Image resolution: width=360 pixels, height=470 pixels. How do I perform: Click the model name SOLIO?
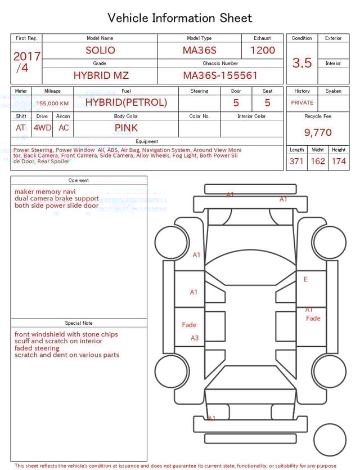[x=100, y=50]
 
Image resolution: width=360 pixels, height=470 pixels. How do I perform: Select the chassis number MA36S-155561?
[x=220, y=75]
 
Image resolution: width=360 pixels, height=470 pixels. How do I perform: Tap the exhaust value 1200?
[x=263, y=50]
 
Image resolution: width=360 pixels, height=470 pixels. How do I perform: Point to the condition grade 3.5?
[x=302, y=63]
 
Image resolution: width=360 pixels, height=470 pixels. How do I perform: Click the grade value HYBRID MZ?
[x=101, y=75]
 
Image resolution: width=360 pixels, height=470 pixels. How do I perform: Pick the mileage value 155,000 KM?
[x=52, y=103]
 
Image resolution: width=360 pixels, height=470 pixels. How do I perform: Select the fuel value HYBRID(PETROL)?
[x=126, y=102]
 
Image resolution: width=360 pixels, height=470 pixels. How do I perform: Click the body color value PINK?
[x=126, y=128]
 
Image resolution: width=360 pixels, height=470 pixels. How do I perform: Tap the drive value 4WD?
[x=42, y=128]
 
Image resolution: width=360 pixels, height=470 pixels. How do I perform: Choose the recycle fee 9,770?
[x=318, y=133]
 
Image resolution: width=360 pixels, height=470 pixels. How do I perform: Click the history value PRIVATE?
[x=302, y=103]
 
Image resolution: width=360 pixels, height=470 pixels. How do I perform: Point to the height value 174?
[x=339, y=162]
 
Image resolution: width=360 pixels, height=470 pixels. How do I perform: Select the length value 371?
[x=296, y=162]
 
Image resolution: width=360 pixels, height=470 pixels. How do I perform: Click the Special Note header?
[x=79, y=323]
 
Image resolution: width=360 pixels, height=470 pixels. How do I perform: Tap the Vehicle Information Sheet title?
[x=180, y=18]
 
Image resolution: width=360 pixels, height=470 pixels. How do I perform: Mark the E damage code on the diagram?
[x=305, y=279]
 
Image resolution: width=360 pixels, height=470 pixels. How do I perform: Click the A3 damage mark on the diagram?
[x=195, y=338]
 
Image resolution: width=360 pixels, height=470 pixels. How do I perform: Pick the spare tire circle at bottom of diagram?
[x=330, y=440]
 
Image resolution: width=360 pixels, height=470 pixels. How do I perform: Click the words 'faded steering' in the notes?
[x=37, y=348]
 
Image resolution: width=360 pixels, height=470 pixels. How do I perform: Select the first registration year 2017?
[x=26, y=56]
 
